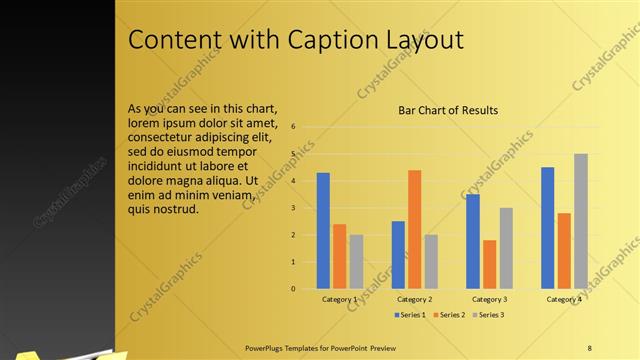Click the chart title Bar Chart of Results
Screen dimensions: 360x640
448,110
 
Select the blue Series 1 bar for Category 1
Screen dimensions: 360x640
323,231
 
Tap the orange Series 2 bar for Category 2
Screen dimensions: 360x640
414,230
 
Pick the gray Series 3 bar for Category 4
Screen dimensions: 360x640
580,221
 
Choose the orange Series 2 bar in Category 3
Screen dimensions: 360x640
489,264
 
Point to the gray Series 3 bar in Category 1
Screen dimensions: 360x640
356,262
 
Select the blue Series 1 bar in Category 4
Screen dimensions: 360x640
547,228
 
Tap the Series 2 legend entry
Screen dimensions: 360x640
449,315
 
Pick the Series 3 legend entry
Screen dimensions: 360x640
486,315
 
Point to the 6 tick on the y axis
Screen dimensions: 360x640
293,127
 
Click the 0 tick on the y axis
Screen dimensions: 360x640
293,289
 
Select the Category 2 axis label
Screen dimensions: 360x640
414,299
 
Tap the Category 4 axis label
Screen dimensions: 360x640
564,299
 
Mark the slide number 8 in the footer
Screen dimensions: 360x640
589,347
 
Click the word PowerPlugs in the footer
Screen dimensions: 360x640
265,347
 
